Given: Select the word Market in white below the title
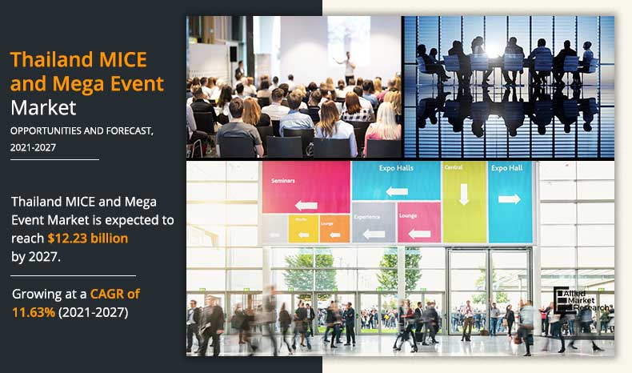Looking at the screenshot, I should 43,106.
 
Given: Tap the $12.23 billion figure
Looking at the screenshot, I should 88,238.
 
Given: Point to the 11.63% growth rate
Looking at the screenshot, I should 34,311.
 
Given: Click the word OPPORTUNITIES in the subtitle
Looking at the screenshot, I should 46,130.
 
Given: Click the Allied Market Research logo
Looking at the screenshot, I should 582,300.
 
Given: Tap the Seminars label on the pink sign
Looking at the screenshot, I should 283,181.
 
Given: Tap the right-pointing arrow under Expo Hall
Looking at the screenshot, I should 509,199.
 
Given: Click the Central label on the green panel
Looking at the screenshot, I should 454,168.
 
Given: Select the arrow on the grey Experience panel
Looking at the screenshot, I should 373,234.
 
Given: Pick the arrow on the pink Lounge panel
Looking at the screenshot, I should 418,231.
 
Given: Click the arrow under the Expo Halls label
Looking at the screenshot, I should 398,191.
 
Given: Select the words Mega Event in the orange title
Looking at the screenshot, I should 115,83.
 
